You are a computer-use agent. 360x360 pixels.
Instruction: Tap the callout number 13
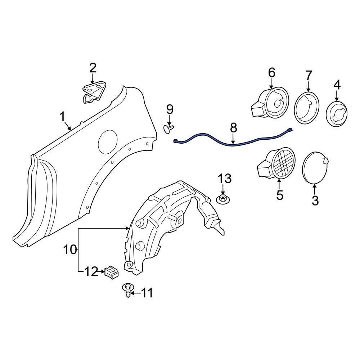[x=224, y=179]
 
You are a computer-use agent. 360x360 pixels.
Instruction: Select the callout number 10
[x=70, y=249]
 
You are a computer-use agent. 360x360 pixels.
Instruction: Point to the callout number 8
[x=233, y=127]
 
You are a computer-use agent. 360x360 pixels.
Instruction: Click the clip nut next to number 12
[x=111, y=272]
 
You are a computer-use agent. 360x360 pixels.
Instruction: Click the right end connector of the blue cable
[x=290, y=130]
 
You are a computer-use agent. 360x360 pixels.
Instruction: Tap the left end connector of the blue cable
[x=176, y=141]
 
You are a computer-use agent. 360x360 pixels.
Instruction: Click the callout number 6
[x=271, y=73]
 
